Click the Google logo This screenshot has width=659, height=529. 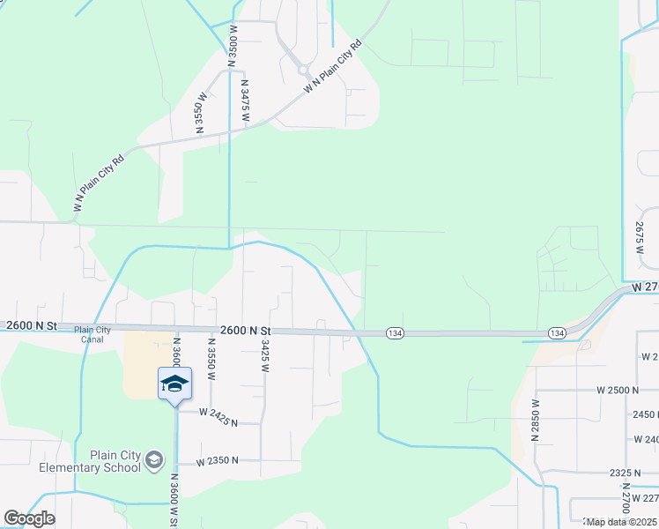29,518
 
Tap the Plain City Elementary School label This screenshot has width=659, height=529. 107,461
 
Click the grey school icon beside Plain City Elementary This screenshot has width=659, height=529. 154,459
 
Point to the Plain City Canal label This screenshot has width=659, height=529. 93,334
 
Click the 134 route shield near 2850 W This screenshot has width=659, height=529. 557,332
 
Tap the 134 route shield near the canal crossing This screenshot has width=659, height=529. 394,332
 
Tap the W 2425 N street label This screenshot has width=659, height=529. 218,416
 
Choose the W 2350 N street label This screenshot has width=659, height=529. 217,460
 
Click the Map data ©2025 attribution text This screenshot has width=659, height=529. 622,522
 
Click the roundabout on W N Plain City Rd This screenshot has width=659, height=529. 302,69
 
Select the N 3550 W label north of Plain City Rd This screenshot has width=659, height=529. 202,112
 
